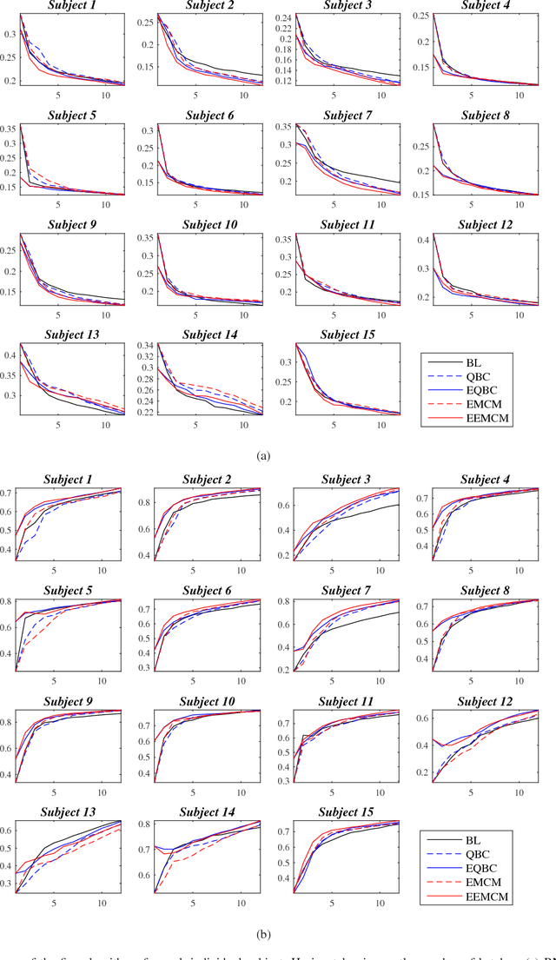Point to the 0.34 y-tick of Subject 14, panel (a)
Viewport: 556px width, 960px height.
[143, 345]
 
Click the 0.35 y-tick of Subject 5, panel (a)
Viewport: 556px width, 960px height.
[6, 128]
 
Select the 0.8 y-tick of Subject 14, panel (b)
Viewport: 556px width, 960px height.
[146, 824]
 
